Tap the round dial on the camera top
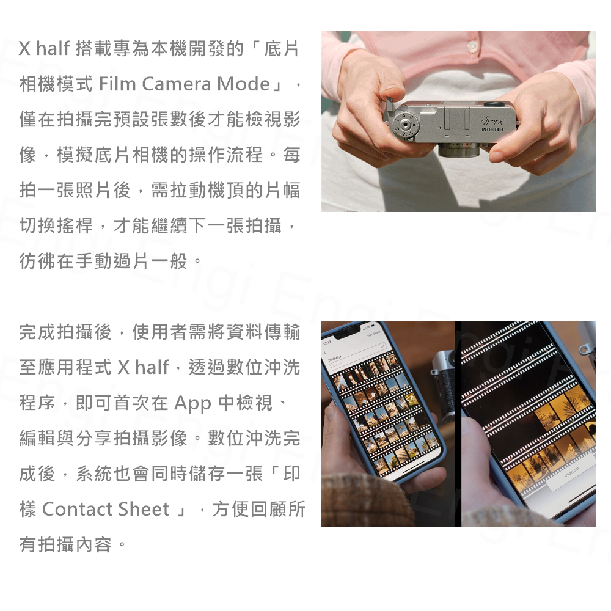coord(406,125)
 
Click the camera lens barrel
coord(459,150)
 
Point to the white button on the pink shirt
coord(472,46)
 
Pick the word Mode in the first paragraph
coord(243,84)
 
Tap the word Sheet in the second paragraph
coord(144,509)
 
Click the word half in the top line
coord(53,48)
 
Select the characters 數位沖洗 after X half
coord(244,367)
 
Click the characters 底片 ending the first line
coord(281,49)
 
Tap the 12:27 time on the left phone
coord(326,343)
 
